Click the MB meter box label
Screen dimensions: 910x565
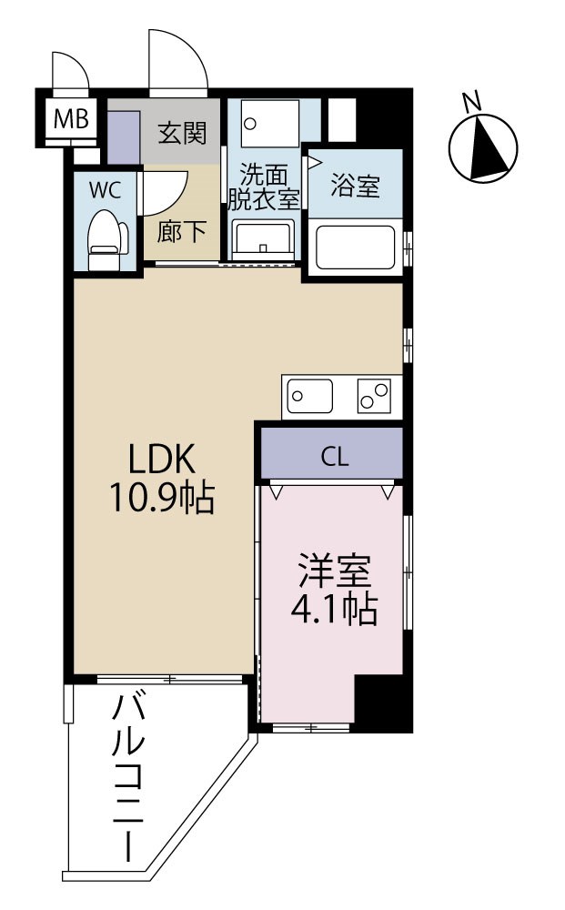pyautogui.click(x=70, y=118)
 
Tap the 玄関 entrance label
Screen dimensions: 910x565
pyautogui.click(x=183, y=133)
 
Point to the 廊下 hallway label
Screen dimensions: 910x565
pyautogui.click(x=182, y=232)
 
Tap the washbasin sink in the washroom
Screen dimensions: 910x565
pyautogui.click(x=263, y=239)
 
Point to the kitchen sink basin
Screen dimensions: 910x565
pyautogui.click(x=310, y=396)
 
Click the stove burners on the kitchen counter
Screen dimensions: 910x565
pyautogui.click(x=373, y=396)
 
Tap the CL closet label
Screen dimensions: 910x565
pyautogui.click(x=334, y=457)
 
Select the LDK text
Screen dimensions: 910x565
pyautogui.click(x=162, y=456)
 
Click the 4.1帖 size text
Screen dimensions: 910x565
pyautogui.click(x=334, y=612)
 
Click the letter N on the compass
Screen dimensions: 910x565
pyautogui.click(x=471, y=102)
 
